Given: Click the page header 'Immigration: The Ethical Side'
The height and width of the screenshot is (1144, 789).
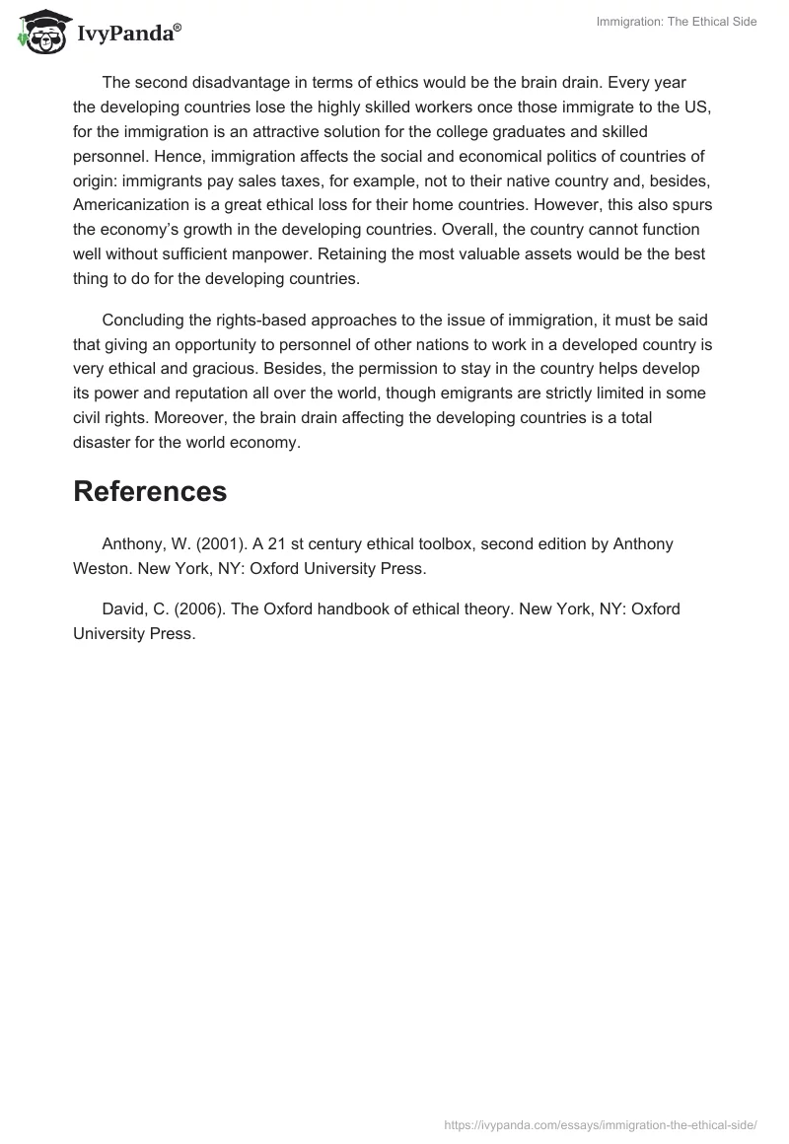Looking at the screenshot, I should coord(677,22).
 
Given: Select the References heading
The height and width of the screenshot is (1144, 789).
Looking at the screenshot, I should coord(150,491).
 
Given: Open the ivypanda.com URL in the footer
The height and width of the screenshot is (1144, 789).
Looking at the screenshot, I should coord(601,1123).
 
